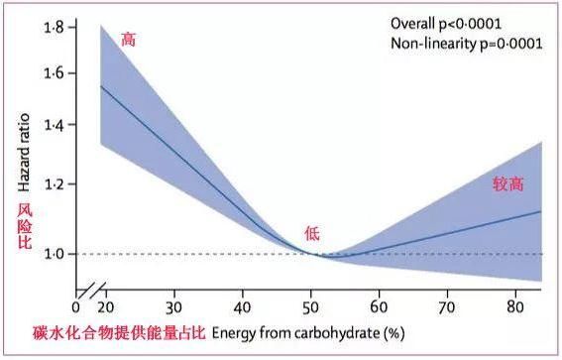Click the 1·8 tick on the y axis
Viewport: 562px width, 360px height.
point(54,30)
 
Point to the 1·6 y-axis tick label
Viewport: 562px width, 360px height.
point(54,74)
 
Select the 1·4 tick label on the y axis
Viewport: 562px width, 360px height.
point(54,125)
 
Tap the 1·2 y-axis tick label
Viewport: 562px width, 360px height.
point(54,184)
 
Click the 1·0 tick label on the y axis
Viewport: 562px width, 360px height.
point(54,254)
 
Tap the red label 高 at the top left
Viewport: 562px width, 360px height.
point(128,40)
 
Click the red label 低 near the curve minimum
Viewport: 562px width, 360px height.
point(312,234)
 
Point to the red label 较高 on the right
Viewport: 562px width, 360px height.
point(507,183)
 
